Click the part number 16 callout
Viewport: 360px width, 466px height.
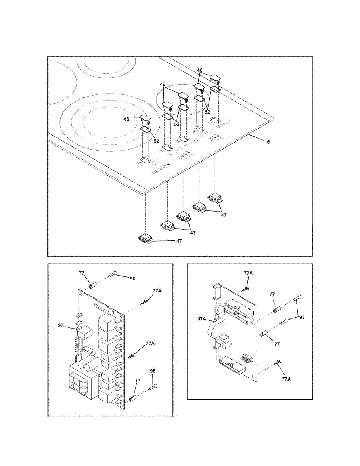tap(267, 142)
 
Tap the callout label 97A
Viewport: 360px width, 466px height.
tap(202, 319)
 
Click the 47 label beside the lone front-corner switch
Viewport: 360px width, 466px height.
tap(179, 241)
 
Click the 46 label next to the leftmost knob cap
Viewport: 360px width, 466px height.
tap(126, 119)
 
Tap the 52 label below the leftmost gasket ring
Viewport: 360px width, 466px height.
tap(157, 141)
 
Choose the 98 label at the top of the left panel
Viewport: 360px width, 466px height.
tap(132, 279)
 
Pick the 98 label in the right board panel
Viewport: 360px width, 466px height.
tap(302, 317)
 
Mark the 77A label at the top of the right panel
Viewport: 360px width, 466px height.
tap(249, 273)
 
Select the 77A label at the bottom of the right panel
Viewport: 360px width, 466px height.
tap(286, 379)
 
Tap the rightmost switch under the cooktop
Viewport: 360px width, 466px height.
tap(216, 198)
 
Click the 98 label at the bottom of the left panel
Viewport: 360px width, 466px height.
tap(153, 371)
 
